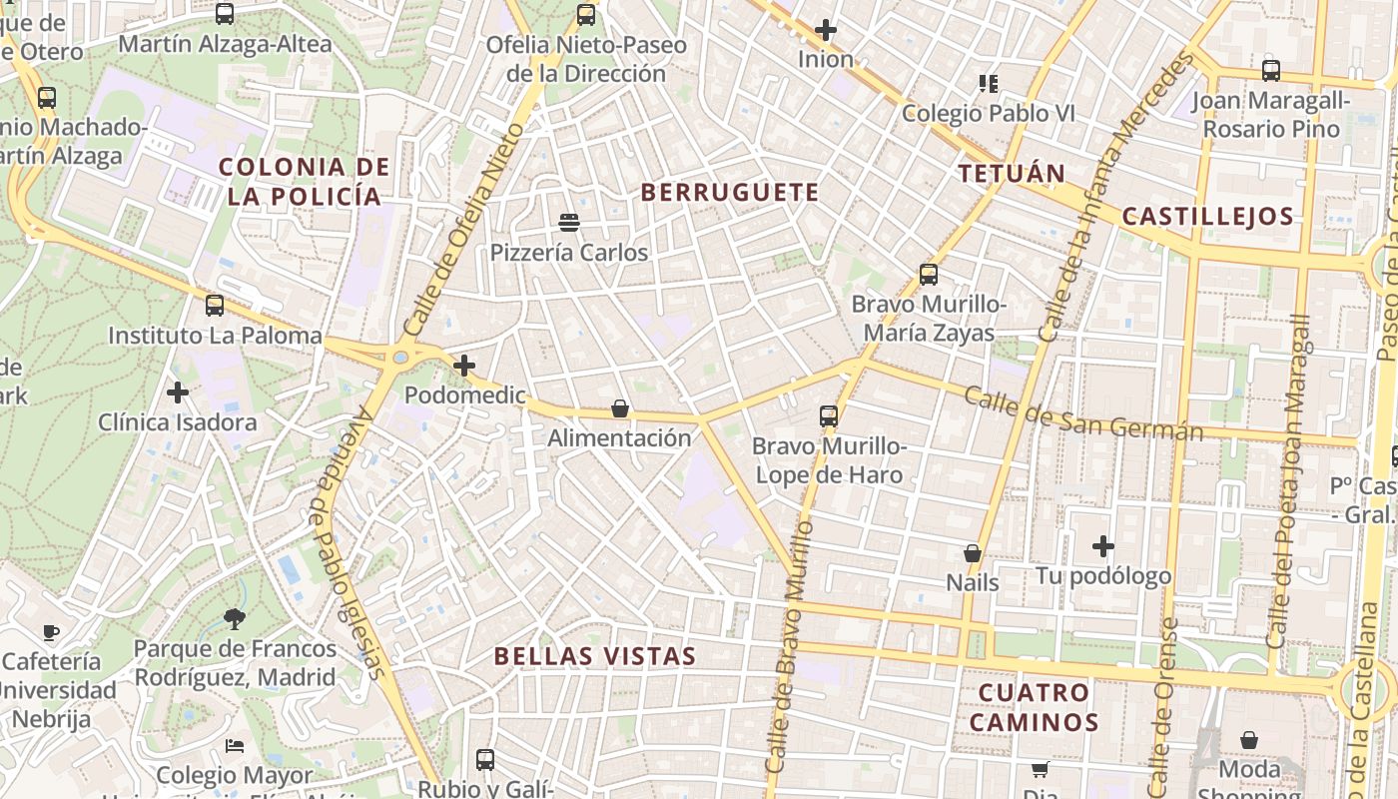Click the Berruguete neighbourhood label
tap(729, 193)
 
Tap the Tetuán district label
tap(1012, 174)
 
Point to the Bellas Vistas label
tap(594, 656)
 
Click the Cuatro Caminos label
tap(1034, 707)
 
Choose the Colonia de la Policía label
tap(304, 181)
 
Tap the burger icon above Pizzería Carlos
tap(569, 222)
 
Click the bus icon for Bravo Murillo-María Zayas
tap(929, 274)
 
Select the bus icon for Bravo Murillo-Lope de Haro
tap(829, 415)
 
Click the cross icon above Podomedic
tap(464, 366)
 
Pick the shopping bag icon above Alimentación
tap(620, 408)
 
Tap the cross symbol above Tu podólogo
tap(1103, 546)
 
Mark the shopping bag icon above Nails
tap(973, 553)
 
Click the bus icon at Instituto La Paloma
tap(215, 306)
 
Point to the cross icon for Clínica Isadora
tap(178, 393)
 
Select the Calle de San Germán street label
tap(1083, 414)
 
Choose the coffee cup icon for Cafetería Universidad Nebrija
tap(51, 632)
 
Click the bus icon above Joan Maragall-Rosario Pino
tap(1271, 71)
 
